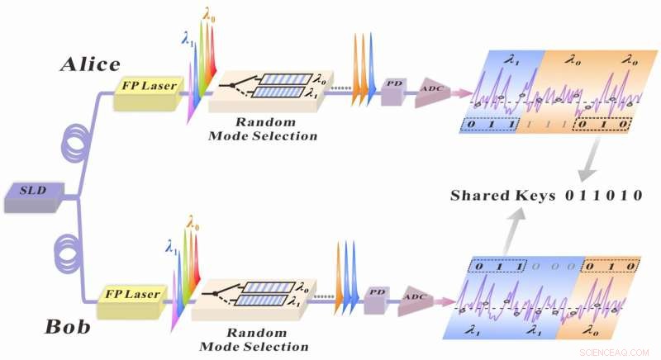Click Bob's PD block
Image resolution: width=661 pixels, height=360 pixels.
377,293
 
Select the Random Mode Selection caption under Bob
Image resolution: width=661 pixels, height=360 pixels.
251,339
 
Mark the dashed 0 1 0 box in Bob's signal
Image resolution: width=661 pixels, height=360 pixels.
610,267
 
